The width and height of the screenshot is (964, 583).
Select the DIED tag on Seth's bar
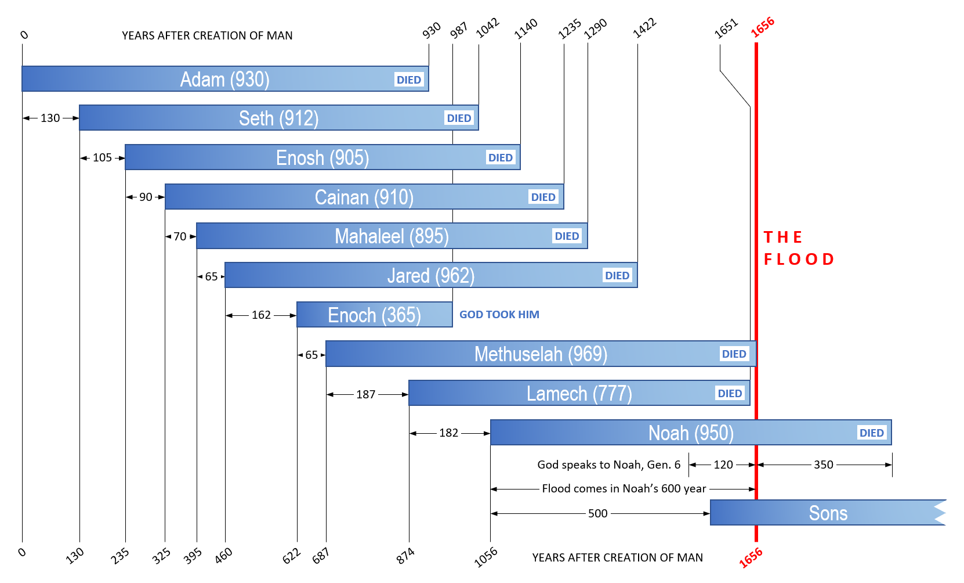click(459, 118)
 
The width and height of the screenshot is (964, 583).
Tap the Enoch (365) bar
click(374, 315)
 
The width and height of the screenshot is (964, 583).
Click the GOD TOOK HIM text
click(499, 314)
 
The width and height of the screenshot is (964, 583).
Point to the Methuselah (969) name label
click(541, 354)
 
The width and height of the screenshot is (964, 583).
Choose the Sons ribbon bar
click(828, 513)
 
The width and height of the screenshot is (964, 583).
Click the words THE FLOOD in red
click(798, 248)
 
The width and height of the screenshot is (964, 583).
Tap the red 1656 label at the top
click(762, 27)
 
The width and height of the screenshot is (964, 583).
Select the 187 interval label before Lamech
click(365, 394)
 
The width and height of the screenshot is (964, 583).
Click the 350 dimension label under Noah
click(823, 465)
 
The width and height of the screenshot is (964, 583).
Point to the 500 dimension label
click(597, 513)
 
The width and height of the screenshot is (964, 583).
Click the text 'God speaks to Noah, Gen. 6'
click(608, 465)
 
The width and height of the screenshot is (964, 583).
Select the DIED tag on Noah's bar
click(871, 433)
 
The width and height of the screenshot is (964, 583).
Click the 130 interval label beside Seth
click(50, 118)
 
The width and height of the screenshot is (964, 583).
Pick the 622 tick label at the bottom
click(291, 556)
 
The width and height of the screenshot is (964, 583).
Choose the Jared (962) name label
click(430, 275)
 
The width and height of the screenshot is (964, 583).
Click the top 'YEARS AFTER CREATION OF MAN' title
click(207, 35)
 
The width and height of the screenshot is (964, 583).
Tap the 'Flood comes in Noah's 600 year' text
click(624, 488)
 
